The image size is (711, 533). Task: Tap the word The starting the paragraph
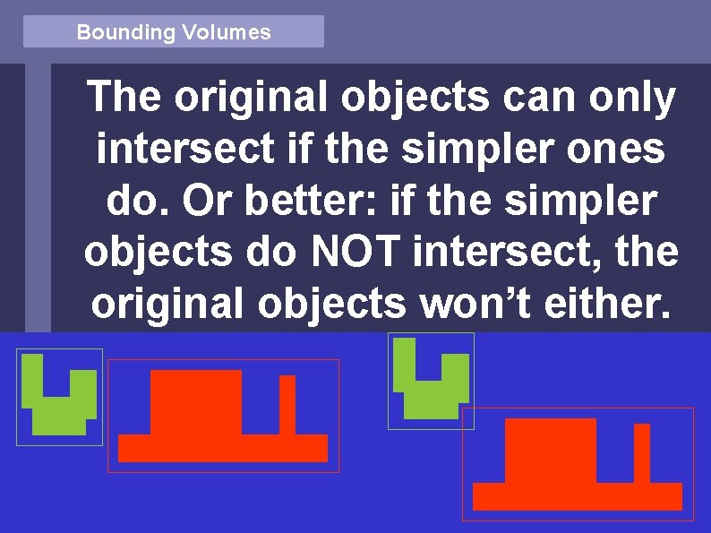tap(124, 99)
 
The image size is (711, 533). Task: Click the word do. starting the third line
tap(141, 202)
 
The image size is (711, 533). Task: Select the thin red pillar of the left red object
tap(287, 405)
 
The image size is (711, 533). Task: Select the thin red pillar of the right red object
tap(641, 453)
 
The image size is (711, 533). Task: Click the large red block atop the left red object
tap(196, 401)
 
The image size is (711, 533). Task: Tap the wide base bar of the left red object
tap(223, 448)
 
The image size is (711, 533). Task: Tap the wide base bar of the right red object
tap(577, 496)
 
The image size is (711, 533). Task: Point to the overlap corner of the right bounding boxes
tap(467, 417)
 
